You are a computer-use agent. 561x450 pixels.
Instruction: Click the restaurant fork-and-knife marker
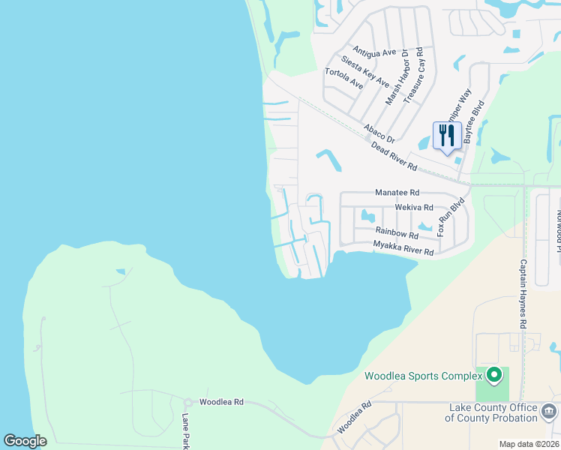[447, 136]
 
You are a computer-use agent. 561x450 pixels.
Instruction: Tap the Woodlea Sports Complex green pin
[493, 373]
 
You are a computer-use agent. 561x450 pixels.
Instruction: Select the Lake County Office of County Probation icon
[548, 412]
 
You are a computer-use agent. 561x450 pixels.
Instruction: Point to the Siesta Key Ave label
[364, 71]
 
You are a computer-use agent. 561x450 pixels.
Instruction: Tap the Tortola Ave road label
[343, 79]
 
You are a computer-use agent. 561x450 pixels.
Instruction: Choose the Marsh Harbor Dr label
[395, 76]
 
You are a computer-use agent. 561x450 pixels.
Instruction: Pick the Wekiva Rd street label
[414, 207]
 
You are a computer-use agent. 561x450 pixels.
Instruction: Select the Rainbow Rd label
[397, 234]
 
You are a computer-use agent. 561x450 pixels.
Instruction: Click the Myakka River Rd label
[403, 248]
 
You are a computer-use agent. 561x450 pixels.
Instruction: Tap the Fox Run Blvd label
[451, 217]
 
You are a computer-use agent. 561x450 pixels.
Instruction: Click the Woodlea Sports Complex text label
[423, 376]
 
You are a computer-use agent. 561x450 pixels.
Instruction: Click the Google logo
[25, 440]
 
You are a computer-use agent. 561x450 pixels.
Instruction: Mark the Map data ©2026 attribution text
[529, 444]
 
